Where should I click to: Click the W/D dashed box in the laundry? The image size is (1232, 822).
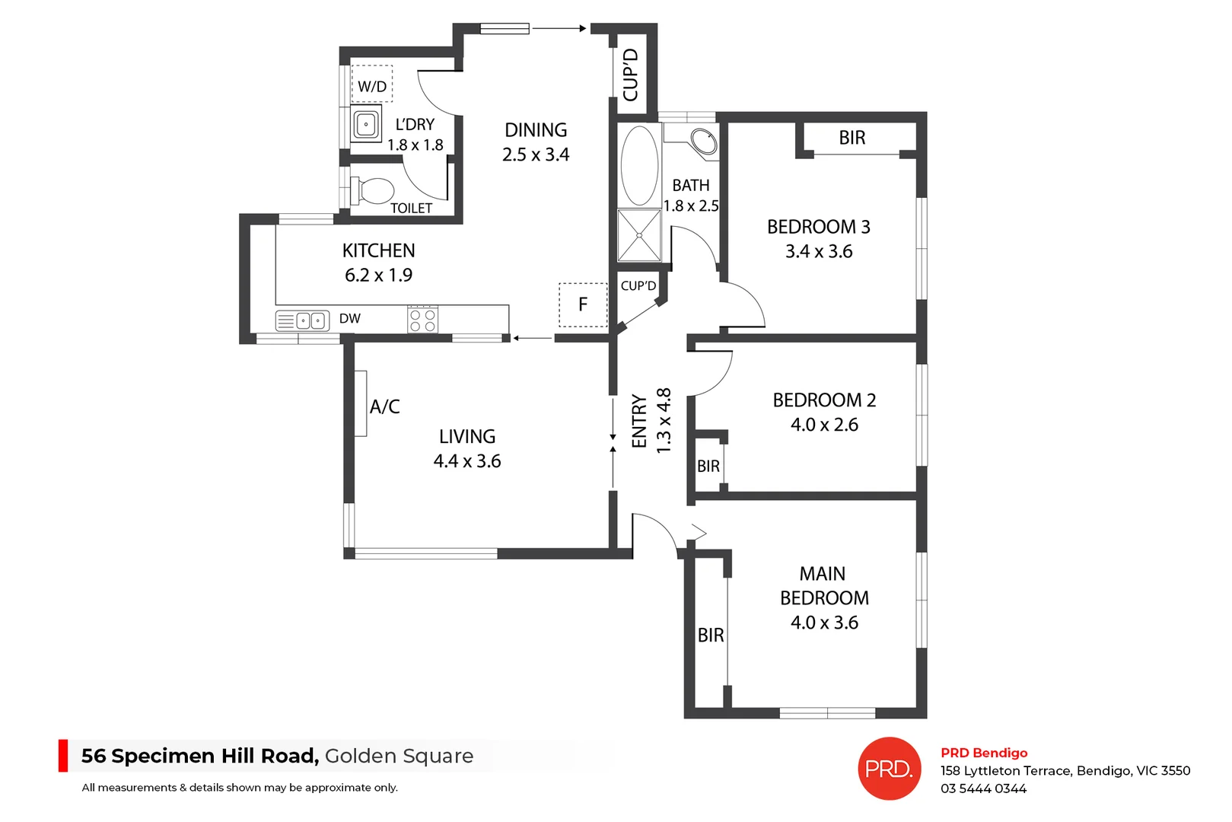click(x=371, y=84)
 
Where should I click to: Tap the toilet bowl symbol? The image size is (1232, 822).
click(x=375, y=191)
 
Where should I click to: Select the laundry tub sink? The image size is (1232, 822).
click(x=366, y=124)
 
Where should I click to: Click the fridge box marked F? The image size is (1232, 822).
click(x=583, y=304)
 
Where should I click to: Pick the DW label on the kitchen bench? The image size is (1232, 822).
click(x=350, y=319)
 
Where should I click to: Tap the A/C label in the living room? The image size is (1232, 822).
click(x=384, y=406)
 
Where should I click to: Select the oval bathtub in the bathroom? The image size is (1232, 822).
click(x=639, y=165)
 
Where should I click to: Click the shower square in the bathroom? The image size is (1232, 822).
click(x=639, y=235)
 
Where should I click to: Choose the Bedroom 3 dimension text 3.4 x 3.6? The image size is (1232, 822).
click(x=819, y=251)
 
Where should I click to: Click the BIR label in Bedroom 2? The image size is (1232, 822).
click(x=708, y=466)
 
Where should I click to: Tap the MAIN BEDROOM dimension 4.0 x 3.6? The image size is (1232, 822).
click(x=824, y=623)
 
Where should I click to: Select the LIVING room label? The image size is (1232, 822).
click(x=467, y=436)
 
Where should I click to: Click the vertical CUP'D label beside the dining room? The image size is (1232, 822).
click(x=630, y=74)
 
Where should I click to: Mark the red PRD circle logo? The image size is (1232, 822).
click(x=889, y=769)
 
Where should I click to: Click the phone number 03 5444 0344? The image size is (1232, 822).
click(x=983, y=789)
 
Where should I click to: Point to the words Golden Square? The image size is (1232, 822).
click(x=399, y=756)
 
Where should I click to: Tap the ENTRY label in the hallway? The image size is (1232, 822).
click(x=639, y=421)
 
